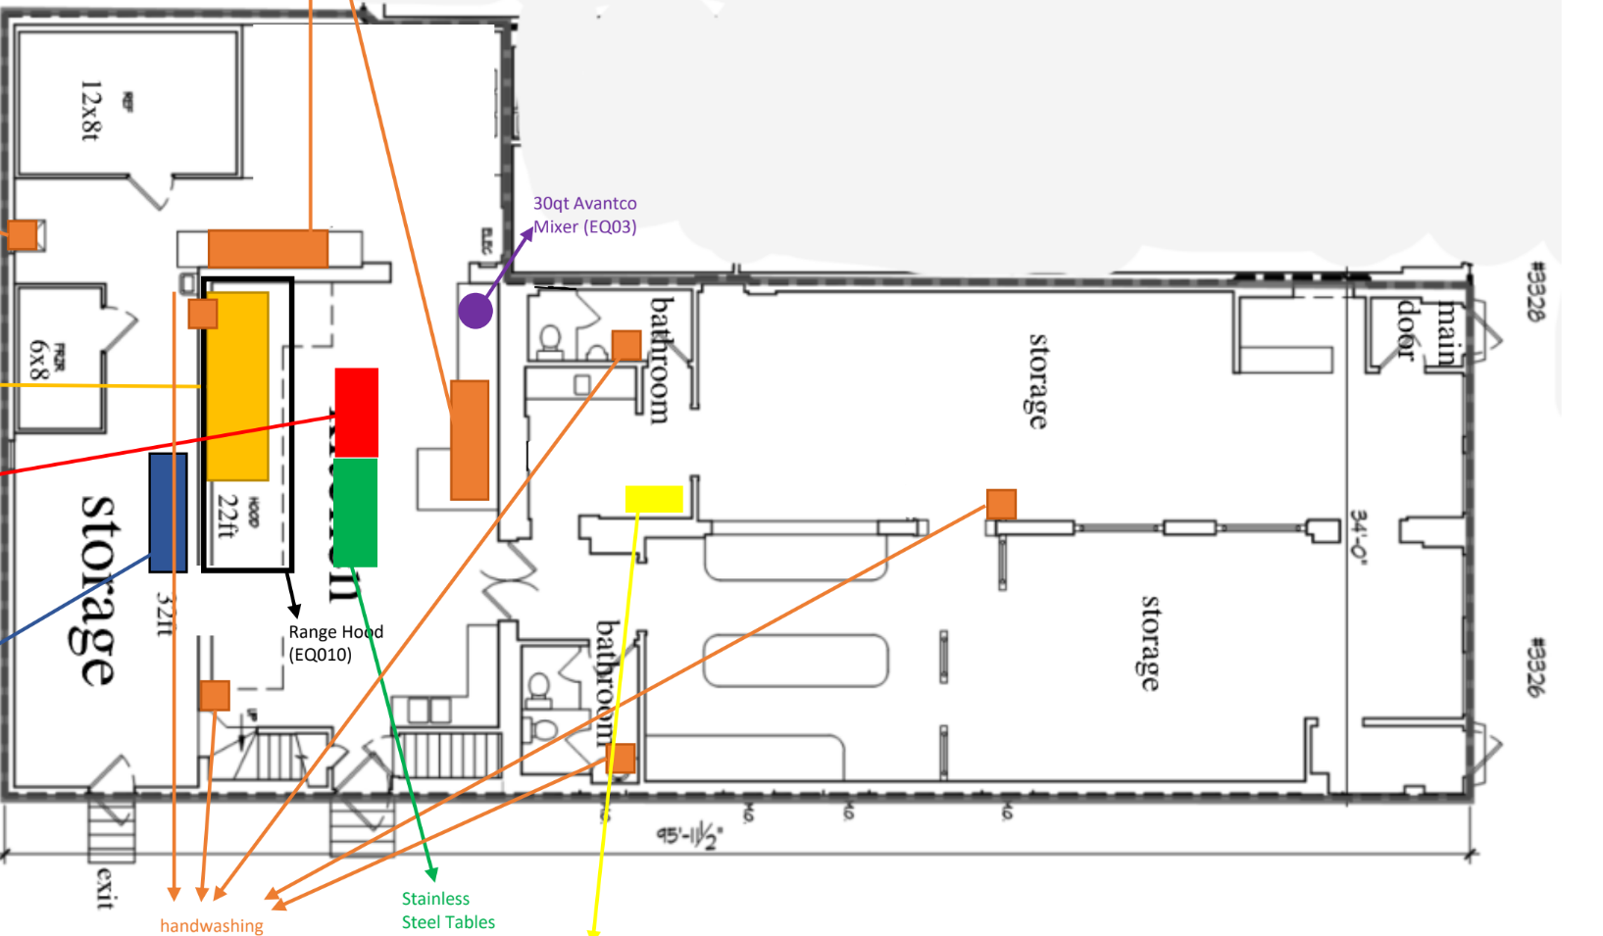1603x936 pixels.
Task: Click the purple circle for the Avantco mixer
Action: tap(476, 311)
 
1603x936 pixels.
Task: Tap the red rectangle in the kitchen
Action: tap(357, 413)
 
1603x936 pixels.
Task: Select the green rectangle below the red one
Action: tap(356, 512)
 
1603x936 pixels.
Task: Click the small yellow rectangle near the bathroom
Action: tap(654, 499)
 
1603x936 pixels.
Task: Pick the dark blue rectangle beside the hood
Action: tap(168, 513)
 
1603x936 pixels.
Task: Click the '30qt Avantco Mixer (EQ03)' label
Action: tap(584, 216)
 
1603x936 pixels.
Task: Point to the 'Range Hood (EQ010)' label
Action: tap(334, 643)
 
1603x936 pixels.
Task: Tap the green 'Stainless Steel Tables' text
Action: tap(448, 910)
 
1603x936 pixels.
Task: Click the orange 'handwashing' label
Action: tap(212, 925)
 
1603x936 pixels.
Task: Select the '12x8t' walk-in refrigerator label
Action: tap(90, 110)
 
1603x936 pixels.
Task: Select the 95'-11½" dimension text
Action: tap(689, 836)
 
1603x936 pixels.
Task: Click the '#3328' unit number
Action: tap(1536, 290)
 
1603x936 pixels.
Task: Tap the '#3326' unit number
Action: tap(1536, 666)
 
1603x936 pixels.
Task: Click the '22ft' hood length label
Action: tap(226, 517)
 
